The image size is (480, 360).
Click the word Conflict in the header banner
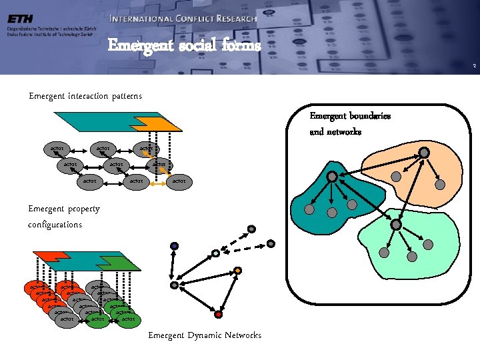(179, 19)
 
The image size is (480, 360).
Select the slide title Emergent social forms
(184, 45)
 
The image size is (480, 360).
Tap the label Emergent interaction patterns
(85, 96)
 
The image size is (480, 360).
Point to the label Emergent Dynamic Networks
(205, 335)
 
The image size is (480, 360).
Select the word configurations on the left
(55, 225)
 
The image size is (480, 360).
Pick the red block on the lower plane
(47, 256)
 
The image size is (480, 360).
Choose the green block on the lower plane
(123, 264)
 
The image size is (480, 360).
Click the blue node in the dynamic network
(174, 246)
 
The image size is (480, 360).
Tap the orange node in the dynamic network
(238, 271)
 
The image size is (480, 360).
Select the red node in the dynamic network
(218, 314)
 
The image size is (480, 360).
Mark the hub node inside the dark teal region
(331, 176)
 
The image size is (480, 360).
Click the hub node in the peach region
(424, 152)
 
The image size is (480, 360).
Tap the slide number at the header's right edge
(473, 65)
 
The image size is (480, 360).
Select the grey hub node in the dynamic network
(175, 285)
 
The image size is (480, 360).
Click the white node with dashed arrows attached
(215, 253)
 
